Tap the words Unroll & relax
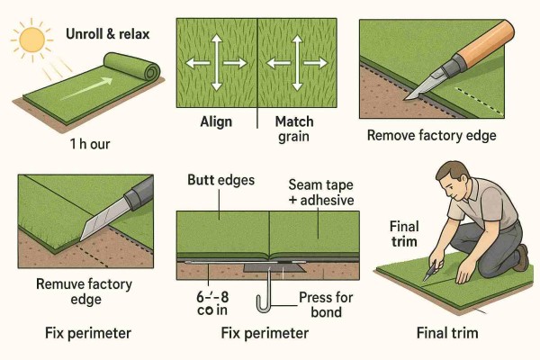[x=109, y=36]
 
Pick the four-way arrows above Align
[x=217, y=63]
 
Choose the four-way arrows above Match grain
[x=301, y=63]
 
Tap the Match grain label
[x=294, y=129]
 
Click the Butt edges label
[x=220, y=179]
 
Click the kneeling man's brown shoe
[x=521, y=260]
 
